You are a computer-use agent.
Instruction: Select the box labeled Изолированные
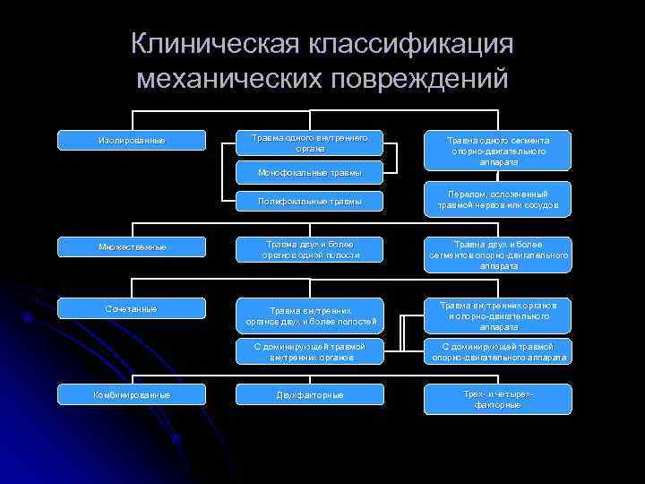pyautogui.click(x=132, y=141)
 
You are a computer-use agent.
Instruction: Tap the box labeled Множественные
pyautogui.click(x=132, y=246)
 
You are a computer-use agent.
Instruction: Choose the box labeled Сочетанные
pyautogui.click(x=132, y=309)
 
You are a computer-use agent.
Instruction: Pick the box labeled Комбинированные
pyautogui.click(x=132, y=394)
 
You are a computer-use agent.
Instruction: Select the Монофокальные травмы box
pyautogui.click(x=309, y=171)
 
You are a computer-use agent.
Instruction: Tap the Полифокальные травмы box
pyautogui.click(x=309, y=202)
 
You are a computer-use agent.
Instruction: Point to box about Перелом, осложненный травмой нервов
pyautogui.click(x=498, y=200)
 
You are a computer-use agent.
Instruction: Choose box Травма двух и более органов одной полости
pyautogui.click(x=309, y=249)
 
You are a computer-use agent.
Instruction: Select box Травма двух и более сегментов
pyautogui.click(x=498, y=255)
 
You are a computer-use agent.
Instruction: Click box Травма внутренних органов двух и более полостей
pyautogui.click(x=309, y=316)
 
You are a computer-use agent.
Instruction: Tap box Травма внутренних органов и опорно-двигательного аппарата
pyautogui.click(x=498, y=315)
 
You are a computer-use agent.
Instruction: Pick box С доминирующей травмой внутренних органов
pyautogui.click(x=309, y=351)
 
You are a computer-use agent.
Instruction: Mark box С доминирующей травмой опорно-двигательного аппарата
pyautogui.click(x=498, y=351)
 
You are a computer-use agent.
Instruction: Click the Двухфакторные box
pyautogui.click(x=309, y=394)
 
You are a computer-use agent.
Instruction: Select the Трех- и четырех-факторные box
pyautogui.click(x=498, y=399)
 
